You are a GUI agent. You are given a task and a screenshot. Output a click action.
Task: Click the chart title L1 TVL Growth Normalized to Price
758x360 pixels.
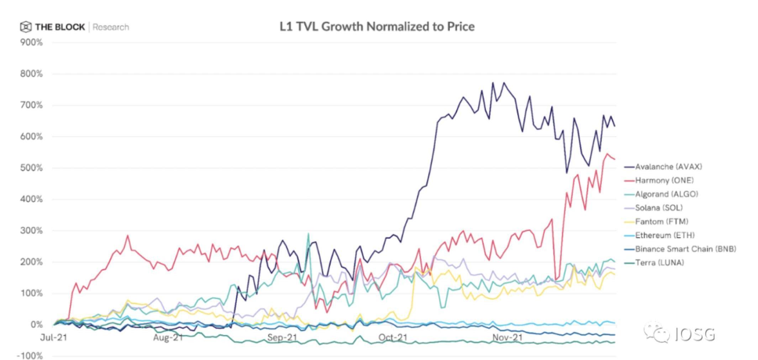point(377,27)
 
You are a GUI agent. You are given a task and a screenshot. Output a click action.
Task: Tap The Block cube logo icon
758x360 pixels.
point(26,27)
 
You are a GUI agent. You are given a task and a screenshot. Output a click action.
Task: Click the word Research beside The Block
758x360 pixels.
point(111,27)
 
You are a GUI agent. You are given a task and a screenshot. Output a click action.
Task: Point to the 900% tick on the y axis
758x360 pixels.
point(31,43)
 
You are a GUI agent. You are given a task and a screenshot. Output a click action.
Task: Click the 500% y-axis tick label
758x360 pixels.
point(31,168)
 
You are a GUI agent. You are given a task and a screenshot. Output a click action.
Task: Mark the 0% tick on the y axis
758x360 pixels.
point(36,325)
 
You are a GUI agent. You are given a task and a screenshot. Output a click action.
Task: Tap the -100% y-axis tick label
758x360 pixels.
point(30,356)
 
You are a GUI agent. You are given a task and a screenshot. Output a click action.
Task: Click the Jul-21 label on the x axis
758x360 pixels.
point(53,337)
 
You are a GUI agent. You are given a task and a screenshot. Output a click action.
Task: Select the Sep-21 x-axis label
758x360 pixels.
point(282,337)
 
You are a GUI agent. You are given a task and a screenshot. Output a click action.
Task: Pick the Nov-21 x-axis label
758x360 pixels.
point(507,337)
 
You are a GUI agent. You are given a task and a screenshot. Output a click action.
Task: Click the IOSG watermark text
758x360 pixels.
point(695,334)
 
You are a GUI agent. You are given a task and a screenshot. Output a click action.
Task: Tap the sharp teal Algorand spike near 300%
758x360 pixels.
point(308,234)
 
